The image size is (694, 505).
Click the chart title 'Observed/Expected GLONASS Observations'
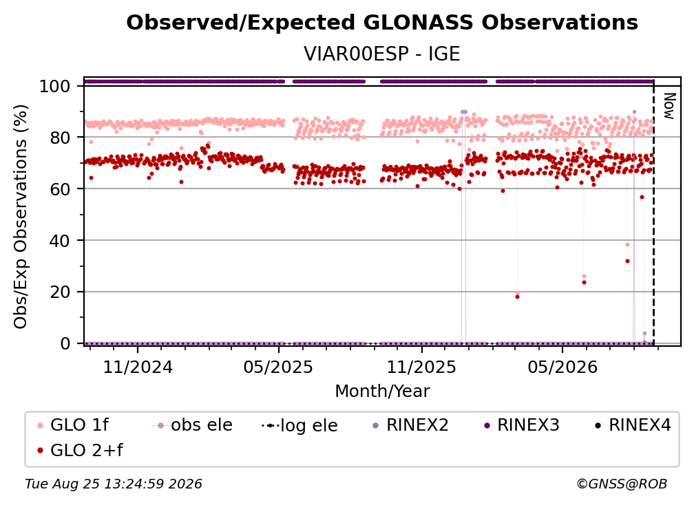[x=382, y=23]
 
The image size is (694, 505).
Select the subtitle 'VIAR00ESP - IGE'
[x=382, y=54]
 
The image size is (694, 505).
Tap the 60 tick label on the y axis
[x=60, y=189]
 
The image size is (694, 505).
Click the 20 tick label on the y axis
[x=60, y=292]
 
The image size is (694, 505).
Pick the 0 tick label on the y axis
[x=65, y=343]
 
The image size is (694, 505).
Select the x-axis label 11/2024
[x=138, y=367]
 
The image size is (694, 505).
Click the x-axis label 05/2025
[x=278, y=367]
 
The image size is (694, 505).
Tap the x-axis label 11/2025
[x=421, y=367]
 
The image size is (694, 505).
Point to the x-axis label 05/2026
[x=562, y=367]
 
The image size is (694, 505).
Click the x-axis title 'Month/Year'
[x=382, y=391]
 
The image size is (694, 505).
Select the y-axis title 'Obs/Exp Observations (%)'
[x=21, y=216]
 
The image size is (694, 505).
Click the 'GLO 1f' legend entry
[x=73, y=425]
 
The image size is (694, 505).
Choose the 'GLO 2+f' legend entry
[x=80, y=450]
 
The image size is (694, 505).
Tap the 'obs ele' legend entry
[x=192, y=425]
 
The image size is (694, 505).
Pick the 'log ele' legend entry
[x=299, y=425]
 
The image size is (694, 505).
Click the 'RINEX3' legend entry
[x=522, y=425]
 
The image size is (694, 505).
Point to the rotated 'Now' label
[x=669, y=106]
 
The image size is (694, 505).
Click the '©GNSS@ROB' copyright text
[x=622, y=484]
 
